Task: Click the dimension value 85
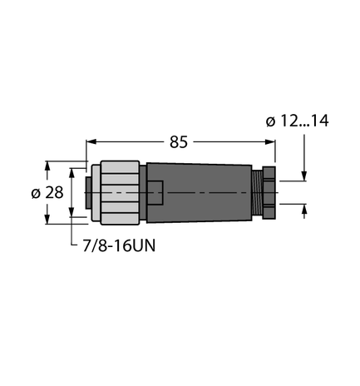coord(179,142)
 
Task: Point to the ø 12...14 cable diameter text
coord(297,121)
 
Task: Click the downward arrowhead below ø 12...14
coord(305,175)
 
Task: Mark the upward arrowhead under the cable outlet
coord(305,209)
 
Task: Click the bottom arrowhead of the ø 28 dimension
coord(72,219)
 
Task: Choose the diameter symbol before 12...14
coord(270,121)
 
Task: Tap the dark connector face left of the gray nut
coord(83,192)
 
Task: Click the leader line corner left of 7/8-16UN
coord(79,246)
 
